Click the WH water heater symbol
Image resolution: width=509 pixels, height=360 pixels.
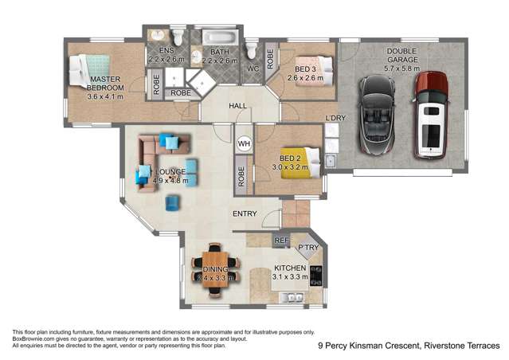[x=245, y=144]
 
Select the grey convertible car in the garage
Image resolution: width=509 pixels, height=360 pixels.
[x=374, y=114]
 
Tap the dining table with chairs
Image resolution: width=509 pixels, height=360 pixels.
[x=216, y=269]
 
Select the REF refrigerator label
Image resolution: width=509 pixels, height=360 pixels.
[x=280, y=239]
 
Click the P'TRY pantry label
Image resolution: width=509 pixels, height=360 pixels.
[x=307, y=247]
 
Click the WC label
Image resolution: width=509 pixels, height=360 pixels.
[x=254, y=69]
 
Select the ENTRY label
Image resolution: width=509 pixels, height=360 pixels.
[x=245, y=213]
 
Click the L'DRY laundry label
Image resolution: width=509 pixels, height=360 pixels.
[x=335, y=119]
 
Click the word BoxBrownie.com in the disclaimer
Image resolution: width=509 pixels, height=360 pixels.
[x=31, y=338]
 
